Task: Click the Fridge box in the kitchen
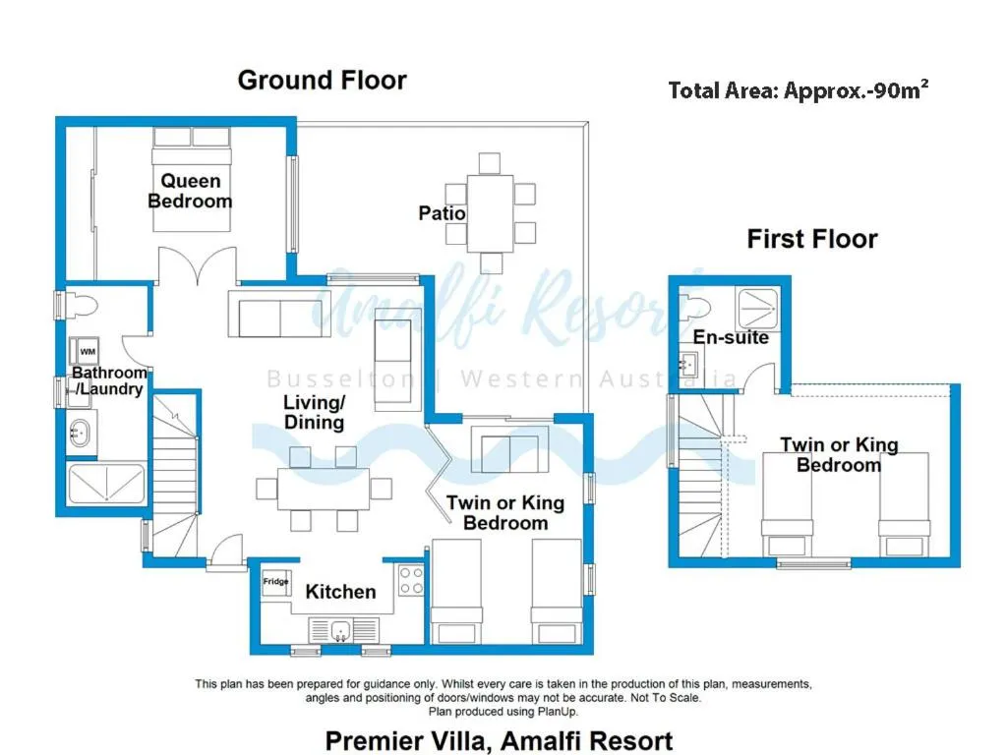(276, 583)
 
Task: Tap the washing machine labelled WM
(88, 351)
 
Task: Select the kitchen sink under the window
(339, 629)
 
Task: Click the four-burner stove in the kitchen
(411, 581)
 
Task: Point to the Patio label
(442, 212)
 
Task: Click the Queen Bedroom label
(190, 191)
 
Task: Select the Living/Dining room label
(314, 412)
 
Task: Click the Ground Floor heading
(322, 80)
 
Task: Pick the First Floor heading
(811, 239)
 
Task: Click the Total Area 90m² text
(799, 90)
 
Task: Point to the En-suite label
(730, 338)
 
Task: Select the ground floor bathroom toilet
(79, 306)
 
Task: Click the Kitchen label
(340, 592)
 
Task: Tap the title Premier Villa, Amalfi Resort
(499, 740)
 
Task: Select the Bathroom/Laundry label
(108, 380)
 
